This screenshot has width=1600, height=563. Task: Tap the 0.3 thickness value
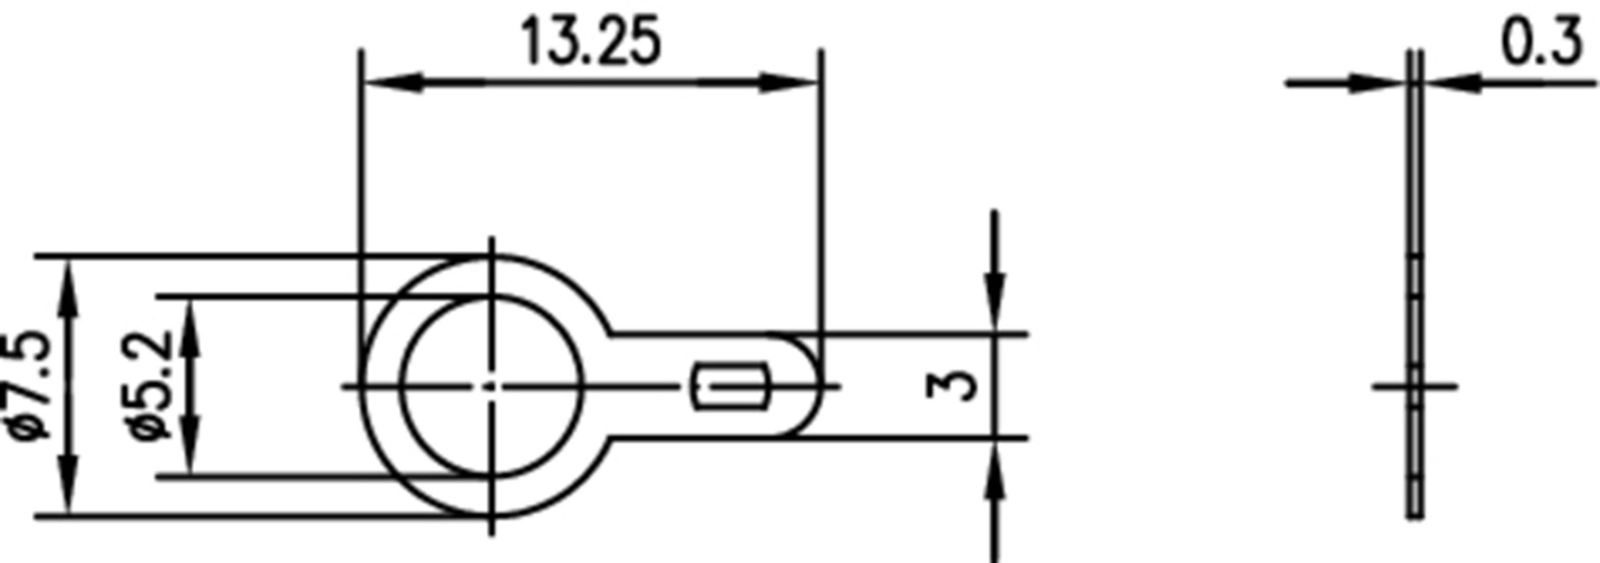pyautogui.click(x=1540, y=42)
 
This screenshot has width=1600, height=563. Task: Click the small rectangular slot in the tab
pyautogui.click(x=730, y=386)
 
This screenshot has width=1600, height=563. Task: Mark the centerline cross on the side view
pyautogui.click(x=1415, y=387)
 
